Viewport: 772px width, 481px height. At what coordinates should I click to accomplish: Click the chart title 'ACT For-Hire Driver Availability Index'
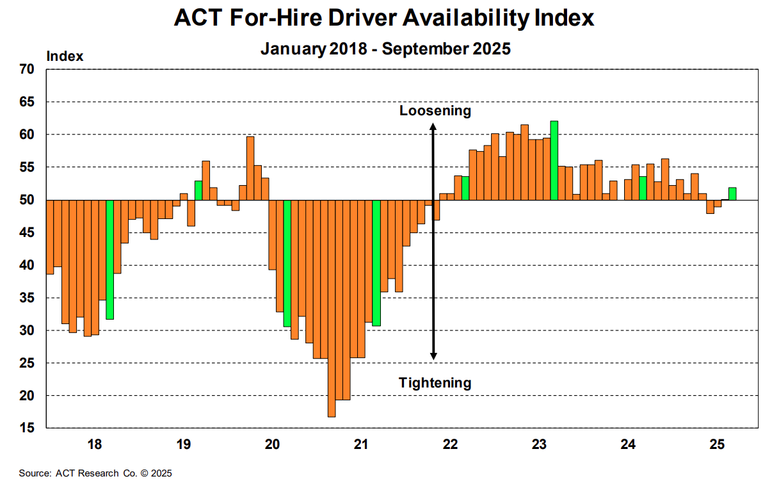[x=384, y=18]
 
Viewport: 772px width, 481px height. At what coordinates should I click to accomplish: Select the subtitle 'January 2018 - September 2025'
[x=385, y=49]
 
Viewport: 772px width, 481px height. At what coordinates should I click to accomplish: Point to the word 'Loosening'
[x=435, y=111]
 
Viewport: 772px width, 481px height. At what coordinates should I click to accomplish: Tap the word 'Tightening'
[x=435, y=383]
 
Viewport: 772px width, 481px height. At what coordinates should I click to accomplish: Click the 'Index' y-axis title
[x=65, y=56]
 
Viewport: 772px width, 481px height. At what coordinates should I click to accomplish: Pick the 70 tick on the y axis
[x=28, y=69]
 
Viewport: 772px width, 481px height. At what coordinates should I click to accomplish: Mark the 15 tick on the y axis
[x=28, y=428]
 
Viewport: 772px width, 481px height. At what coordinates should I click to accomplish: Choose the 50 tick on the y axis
[x=28, y=200]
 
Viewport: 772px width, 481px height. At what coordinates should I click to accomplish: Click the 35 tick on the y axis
[x=28, y=298]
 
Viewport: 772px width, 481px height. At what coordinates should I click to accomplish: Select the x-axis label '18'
[x=94, y=444]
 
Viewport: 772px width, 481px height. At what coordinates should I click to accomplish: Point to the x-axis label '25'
[x=717, y=444]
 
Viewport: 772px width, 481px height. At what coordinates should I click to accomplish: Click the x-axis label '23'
[x=539, y=444]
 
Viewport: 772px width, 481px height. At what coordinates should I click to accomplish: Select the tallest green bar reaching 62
[x=554, y=160]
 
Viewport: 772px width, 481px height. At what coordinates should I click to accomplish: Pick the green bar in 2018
[x=109, y=259]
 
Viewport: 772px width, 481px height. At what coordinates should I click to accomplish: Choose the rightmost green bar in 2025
[x=732, y=193]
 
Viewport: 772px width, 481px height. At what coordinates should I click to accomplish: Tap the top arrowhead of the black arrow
[x=433, y=127]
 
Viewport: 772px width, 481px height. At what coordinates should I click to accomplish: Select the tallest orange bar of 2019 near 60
[x=250, y=168]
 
